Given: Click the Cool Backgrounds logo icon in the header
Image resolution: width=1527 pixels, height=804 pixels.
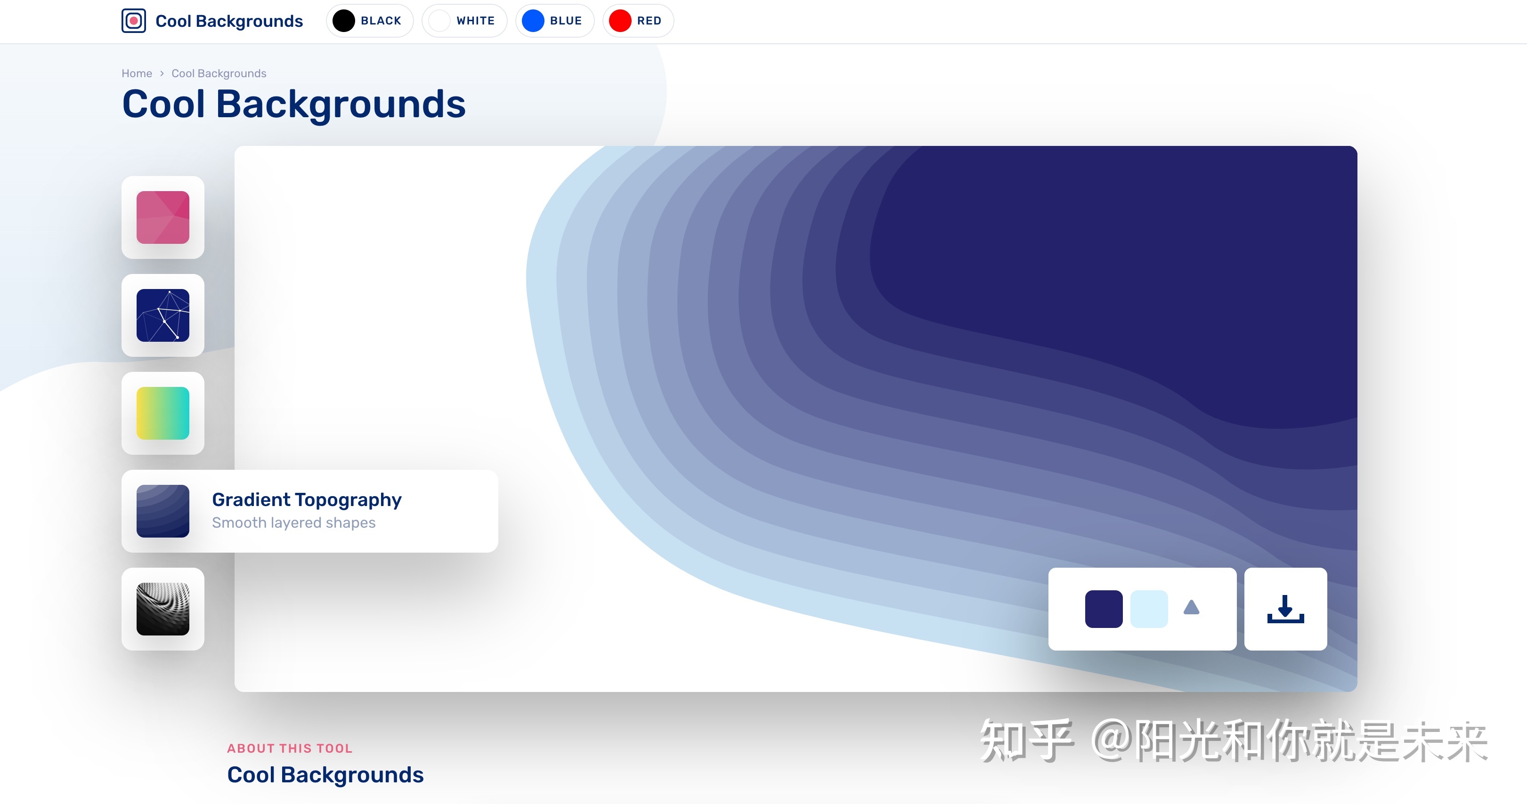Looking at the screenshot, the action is pyautogui.click(x=133, y=21).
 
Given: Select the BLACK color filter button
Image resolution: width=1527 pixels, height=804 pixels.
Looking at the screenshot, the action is pyautogui.click(x=369, y=21).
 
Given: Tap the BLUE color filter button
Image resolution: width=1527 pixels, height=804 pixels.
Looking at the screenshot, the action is pyautogui.click(x=555, y=21).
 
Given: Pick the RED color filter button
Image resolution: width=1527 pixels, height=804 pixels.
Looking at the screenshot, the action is pyautogui.click(x=638, y=21).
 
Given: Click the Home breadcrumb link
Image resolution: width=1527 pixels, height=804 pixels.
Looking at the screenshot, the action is pyautogui.click(x=137, y=73).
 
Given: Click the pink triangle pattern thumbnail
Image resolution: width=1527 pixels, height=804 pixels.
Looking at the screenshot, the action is pyautogui.click(x=163, y=217).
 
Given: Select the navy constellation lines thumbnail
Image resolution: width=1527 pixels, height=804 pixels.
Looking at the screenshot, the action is pyautogui.click(x=163, y=315).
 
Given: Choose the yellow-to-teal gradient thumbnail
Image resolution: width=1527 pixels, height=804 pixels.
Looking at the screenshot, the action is pyautogui.click(x=163, y=413).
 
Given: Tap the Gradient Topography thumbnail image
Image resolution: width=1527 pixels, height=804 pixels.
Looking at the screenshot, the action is pyautogui.click(x=163, y=511).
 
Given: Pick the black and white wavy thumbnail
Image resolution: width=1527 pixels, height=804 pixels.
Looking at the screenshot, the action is pyautogui.click(x=163, y=609).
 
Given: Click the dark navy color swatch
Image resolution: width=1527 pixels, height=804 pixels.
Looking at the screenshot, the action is pyautogui.click(x=1104, y=609).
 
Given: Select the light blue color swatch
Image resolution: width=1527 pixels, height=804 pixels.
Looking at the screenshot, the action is pyautogui.click(x=1149, y=609).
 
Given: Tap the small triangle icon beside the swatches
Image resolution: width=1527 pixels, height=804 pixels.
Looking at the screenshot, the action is pyautogui.click(x=1192, y=608).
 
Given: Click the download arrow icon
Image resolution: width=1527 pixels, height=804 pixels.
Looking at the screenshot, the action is pyautogui.click(x=1285, y=609).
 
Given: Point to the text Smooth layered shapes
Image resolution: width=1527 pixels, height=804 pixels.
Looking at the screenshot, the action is pyautogui.click(x=294, y=523).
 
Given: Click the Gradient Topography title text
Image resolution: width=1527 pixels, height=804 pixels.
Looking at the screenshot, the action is pyautogui.click(x=307, y=500).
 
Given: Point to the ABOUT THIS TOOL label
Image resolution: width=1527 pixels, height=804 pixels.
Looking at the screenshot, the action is pyautogui.click(x=290, y=748).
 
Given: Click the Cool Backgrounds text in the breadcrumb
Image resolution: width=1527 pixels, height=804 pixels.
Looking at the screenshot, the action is pyautogui.click(x=219, y=73).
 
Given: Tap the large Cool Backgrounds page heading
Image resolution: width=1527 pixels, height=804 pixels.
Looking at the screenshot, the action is pyautogui.click(x=294, y=105).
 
